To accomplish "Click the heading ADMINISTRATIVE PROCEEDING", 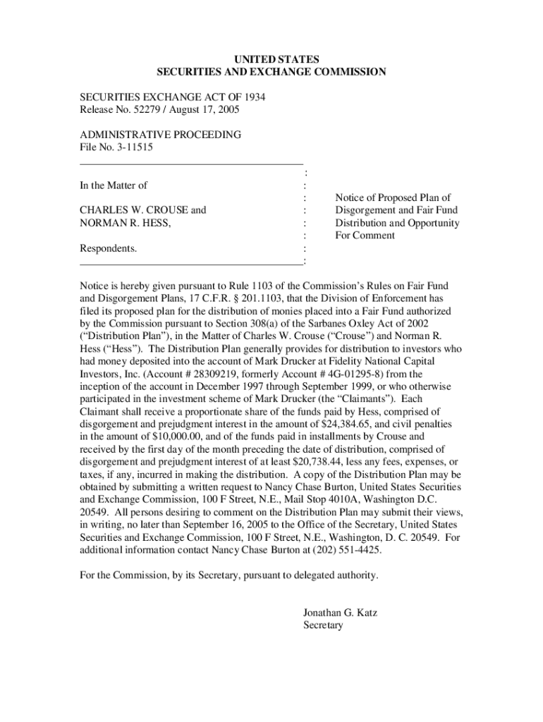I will (x=160, y=135).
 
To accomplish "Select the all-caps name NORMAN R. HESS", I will (x=125, y=223).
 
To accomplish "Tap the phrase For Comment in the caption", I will (x=365, y=235).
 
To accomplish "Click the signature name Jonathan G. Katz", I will (x=340, y=613).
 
